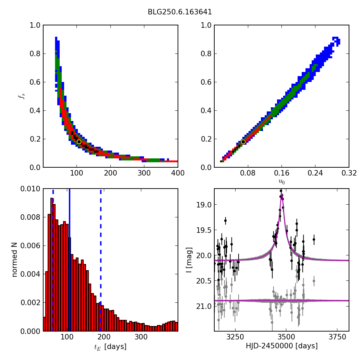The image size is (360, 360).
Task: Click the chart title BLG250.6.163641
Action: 180,12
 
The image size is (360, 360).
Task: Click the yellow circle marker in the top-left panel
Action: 79,142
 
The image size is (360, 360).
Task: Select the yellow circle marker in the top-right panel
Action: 243,142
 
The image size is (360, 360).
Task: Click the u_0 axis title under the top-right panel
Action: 281,181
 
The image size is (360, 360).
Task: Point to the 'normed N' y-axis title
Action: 15,260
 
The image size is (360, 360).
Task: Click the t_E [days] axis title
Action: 110,347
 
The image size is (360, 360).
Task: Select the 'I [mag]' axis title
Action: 189,260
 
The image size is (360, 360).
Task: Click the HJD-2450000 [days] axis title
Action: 281,346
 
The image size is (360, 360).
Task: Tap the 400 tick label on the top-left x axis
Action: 178,173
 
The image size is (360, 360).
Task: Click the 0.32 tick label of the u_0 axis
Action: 349,173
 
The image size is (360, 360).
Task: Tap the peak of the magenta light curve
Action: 281,194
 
